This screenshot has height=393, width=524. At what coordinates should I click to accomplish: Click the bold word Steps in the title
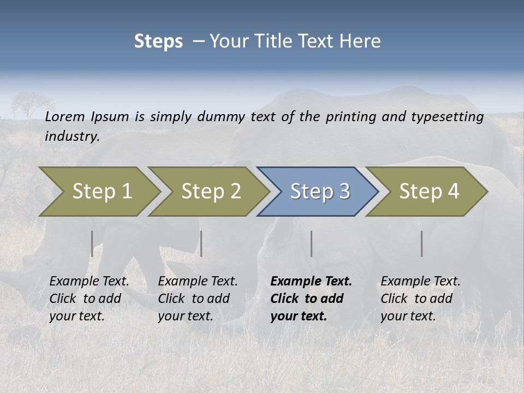tap(158, 41)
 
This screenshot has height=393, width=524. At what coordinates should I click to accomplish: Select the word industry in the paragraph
tap(72, 136)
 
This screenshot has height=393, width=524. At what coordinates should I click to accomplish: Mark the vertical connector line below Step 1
tap(92, 243)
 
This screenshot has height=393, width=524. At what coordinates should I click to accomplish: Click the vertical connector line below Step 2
tap(201, 243)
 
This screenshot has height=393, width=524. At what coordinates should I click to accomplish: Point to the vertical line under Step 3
tap(311, 243)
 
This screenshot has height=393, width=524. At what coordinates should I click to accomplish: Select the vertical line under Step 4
tap(421, 243)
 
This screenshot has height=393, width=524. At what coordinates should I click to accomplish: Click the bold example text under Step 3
tap(311, 299)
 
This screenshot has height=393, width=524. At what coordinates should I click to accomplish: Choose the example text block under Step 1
tap(89, 299)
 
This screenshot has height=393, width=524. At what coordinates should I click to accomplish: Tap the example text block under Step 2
tap(198, 299)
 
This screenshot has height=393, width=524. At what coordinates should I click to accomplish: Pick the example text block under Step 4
tap(420, 299)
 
